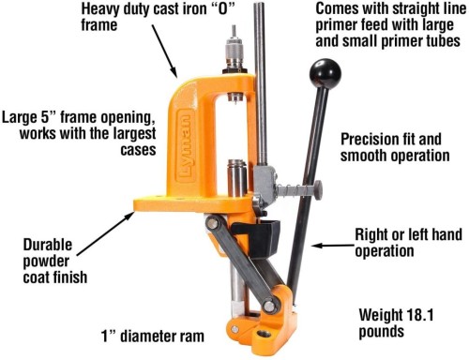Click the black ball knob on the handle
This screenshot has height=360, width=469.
point(325,74)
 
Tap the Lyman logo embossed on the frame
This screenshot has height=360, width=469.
point(187,146)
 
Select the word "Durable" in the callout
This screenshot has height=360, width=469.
point(48,245)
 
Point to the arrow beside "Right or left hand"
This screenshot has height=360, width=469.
point(333,246)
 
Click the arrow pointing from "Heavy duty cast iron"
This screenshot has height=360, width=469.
point(164,52)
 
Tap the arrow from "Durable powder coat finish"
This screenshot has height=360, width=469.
point(106,233)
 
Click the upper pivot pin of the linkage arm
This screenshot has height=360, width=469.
point(213,223)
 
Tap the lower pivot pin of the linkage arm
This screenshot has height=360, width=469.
point(269,306)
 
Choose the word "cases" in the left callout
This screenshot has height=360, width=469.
point(138,150)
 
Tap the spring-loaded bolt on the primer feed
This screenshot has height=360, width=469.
point(299,189)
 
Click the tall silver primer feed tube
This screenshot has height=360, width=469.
point(261,84)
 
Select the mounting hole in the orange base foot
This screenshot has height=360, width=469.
point(264,334)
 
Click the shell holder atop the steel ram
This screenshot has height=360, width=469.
point(237,163)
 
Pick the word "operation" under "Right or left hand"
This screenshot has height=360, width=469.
point(385,251)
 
